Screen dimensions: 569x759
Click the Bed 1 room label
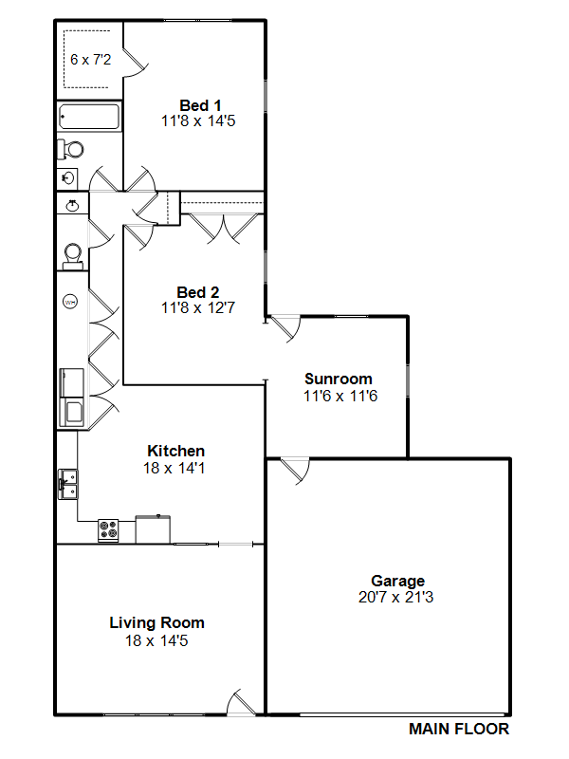coord(200,105)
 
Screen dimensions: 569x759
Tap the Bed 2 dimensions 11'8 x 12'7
coord(198,307)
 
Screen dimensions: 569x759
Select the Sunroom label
coord(339,379)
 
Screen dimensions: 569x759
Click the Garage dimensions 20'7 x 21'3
coord(395,597)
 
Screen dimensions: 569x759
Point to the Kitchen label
coord(176,451)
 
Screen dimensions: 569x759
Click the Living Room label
coord(156,622)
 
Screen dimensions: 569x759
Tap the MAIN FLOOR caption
coord(459,729)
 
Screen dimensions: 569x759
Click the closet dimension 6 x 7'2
coord(90,60)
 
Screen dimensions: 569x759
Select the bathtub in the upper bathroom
coord(89,117)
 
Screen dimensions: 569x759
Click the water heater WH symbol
coord(70,302)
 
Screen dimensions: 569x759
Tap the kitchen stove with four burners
coord(108,530)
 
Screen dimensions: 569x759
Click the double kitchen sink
coord(67,484)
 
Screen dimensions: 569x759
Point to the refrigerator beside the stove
coord(153,529)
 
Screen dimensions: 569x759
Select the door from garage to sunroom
coord(295,471)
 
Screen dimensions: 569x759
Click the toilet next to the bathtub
coord(70,149)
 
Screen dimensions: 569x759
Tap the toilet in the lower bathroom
coord(73,255)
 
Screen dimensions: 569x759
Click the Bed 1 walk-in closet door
coord(136,62)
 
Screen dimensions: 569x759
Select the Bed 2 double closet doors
coord(223,228)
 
